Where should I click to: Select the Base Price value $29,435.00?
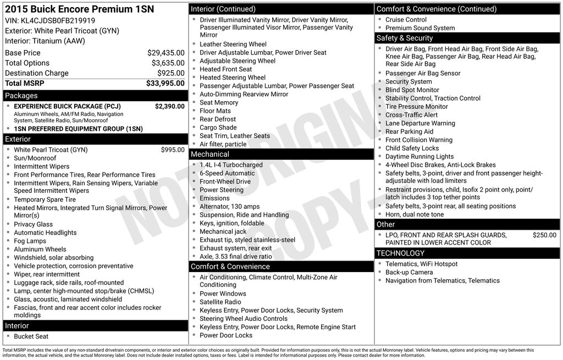(165, 53)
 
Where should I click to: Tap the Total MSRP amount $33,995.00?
(165, 84)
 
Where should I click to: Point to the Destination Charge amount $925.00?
(170, 73)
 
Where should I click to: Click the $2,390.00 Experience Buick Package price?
(169, 107)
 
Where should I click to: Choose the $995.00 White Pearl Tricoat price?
(173, 149)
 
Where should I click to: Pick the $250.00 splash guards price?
(544, 235)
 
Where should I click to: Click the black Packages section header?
(95, 96)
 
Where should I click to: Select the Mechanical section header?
(281, 154)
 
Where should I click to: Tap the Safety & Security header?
(467, 38)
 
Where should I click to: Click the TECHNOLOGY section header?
(467, 253)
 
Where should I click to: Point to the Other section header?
(467, 224)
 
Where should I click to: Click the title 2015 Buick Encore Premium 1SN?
(80, 9)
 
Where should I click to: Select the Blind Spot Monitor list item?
(412, 90)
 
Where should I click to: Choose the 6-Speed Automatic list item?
(227, 173)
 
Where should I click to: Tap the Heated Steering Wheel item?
(232, 77)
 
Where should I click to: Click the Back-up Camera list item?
(409, 272)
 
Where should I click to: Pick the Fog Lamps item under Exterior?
(30, 241)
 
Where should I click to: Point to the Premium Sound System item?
(420, 28)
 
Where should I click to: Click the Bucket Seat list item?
(31, 336)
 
